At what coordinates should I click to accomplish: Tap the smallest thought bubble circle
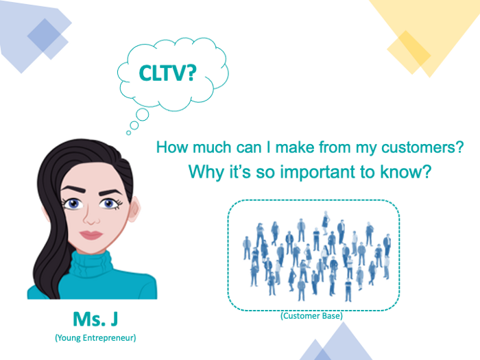pos(128,132)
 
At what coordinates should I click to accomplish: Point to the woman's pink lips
pos(90,235)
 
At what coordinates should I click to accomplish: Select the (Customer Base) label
pos(312,316)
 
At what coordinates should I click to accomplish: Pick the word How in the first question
pos(171,147)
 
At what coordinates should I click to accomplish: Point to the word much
pos(208,147)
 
